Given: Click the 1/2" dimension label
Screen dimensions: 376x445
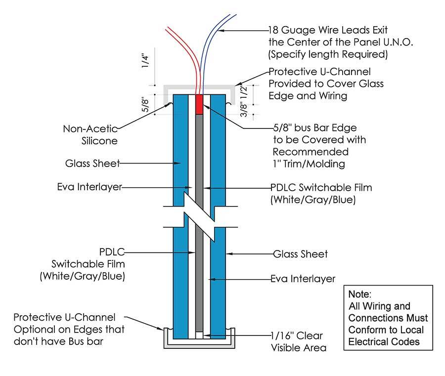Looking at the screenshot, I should [244, 91].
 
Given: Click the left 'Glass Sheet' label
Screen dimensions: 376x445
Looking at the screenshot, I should [92, 163].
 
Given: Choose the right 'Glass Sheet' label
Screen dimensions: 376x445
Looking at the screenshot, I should [300, 254].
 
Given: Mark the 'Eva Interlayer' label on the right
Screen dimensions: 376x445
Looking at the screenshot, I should [303, 279].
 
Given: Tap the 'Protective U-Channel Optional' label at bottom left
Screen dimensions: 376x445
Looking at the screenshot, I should [69, 329].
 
